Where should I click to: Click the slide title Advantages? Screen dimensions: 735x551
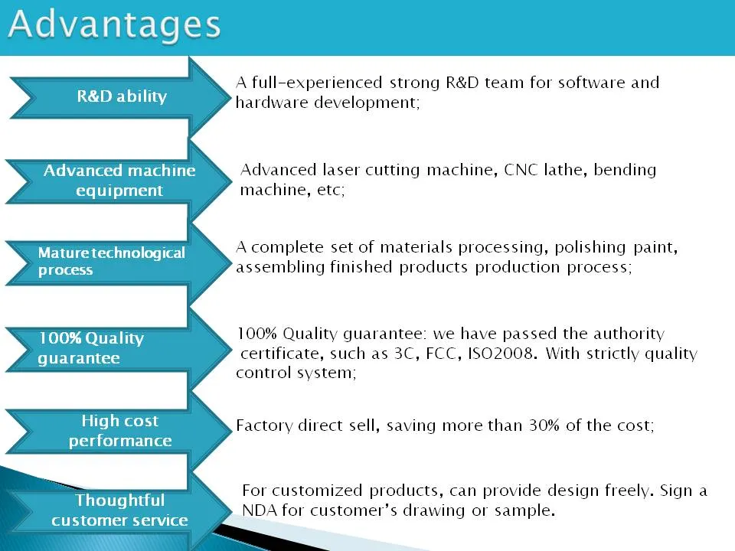click(x=114, y=24)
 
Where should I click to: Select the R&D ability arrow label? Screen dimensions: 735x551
click(x=122, y=96)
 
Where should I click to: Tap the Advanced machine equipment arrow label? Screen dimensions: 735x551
click(x=119, y=181)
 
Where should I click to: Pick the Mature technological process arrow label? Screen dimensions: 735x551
click(x=112, y=261)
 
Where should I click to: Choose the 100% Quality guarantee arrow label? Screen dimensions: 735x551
click(x=91, y=347)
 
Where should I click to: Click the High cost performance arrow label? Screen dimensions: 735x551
click(x=120, y=431)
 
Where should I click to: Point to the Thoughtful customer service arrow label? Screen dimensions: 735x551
click(x=119, y=510)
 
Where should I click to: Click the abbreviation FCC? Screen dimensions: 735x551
click(x=441, y=353)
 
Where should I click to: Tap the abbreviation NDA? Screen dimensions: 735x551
click(x=260, y=510)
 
